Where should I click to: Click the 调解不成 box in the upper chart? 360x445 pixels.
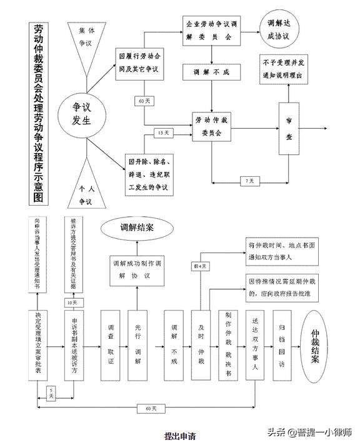[212, 72]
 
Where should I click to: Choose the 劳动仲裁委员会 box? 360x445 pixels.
[212, 125]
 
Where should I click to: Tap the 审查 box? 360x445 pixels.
[289, 126]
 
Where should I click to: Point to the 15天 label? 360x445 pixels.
[163, 133]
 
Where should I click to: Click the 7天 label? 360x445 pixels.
[249, 181]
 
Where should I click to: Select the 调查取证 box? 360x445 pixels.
[111, 344]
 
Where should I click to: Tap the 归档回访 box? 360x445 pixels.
[282, 344]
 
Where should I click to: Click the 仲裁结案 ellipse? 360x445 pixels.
[320, 346]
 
